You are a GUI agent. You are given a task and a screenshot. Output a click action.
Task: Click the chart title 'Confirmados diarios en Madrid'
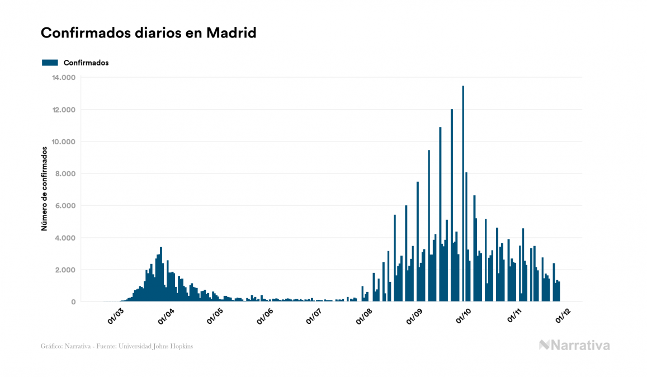point(148,33)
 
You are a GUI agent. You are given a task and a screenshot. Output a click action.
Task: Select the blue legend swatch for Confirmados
point(50,63)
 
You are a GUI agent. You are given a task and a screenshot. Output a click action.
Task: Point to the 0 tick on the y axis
point(73,302)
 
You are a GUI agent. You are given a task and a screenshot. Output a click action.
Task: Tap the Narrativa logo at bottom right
point(574,345)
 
